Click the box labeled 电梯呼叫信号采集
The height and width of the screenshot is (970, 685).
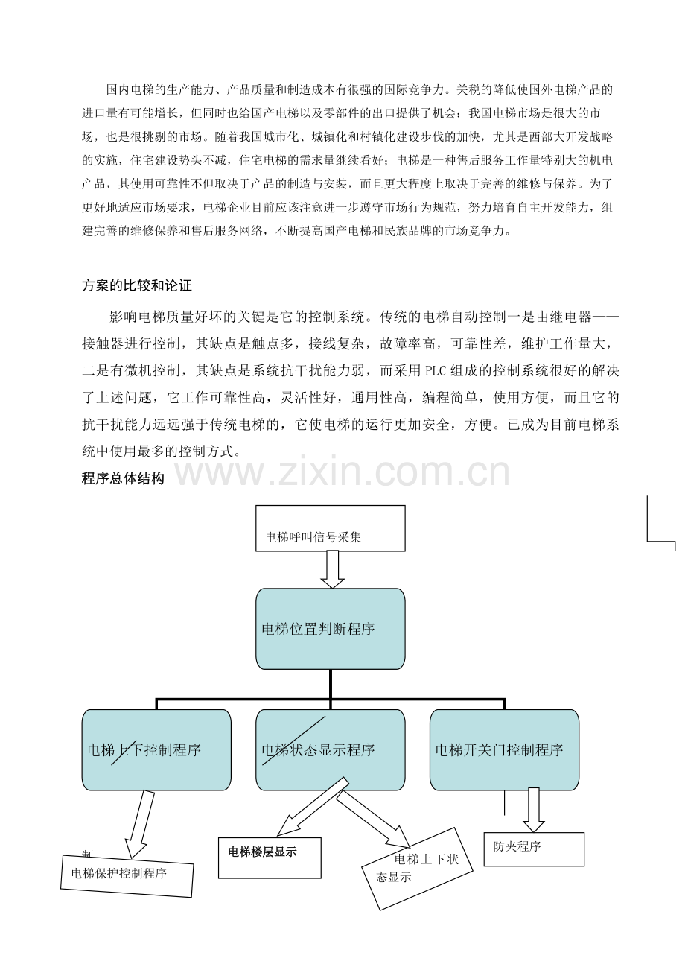(330, 528)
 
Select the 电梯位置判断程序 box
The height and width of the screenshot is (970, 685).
(330, 629)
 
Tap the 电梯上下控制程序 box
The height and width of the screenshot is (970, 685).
(156, 749)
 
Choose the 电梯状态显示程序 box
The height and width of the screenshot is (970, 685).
(330, 749)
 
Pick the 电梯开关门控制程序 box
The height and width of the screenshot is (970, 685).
(504, 749)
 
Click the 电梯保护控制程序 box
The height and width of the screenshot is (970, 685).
(127, 875)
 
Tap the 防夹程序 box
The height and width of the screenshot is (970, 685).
(534, 849)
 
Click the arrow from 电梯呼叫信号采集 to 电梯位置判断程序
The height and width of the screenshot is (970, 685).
(332, 569)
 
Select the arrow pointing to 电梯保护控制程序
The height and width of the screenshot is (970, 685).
(140, 825)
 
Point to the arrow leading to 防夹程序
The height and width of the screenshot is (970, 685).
(534, 810)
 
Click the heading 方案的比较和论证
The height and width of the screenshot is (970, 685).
(137, 285)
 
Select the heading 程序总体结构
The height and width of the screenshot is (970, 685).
(123, 478)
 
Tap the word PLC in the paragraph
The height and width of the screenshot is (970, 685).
(436, 371)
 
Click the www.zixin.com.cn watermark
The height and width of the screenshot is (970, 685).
(342, 472)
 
